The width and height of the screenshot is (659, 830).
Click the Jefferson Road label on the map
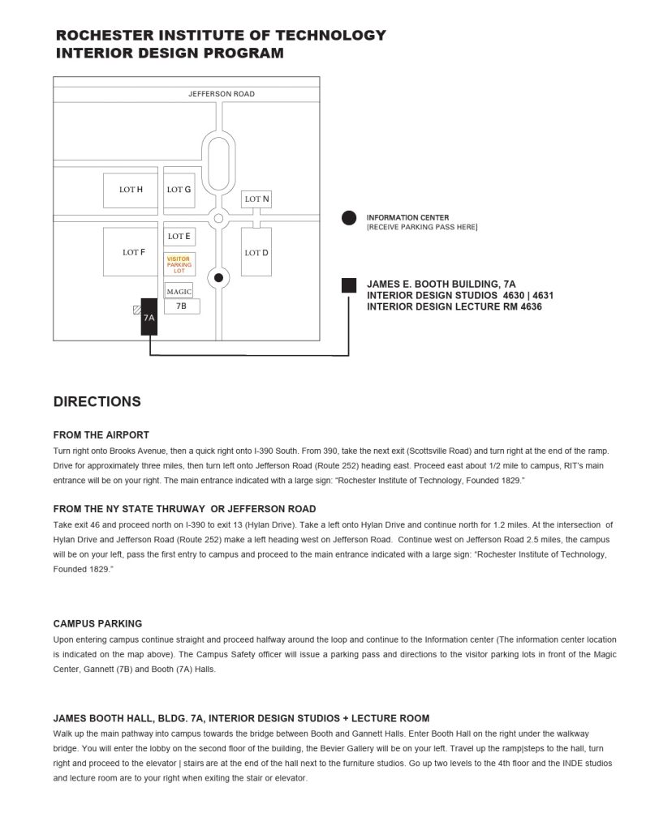(222, 94)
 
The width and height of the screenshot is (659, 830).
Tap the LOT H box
(131, 190)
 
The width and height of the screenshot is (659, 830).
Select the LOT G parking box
(179, 190)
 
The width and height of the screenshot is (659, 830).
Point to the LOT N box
(257, 199)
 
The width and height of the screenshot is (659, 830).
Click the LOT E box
(179, 237)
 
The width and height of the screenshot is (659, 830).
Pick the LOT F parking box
(134, 252)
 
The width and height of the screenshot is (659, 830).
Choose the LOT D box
(256, 253)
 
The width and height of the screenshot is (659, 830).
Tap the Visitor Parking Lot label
(179, 264)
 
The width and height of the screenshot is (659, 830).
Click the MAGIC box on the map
(179, 291)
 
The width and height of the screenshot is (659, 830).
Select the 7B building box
(181, 307)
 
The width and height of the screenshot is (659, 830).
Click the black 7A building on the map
(149, 316)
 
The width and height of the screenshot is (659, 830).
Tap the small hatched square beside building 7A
(136, 310)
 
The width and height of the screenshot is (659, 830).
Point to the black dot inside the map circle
(218, 278)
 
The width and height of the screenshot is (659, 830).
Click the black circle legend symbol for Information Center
(349, 218)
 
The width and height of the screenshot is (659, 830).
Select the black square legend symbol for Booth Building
(349, 285)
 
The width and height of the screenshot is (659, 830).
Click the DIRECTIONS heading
(97, 402)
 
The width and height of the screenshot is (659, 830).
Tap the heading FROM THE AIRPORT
(101, 435)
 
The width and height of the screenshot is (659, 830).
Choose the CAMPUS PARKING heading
(97, 624)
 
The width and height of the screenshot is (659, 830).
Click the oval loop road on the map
(218, 163)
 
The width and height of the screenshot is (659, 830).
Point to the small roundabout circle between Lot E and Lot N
(218, 219)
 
